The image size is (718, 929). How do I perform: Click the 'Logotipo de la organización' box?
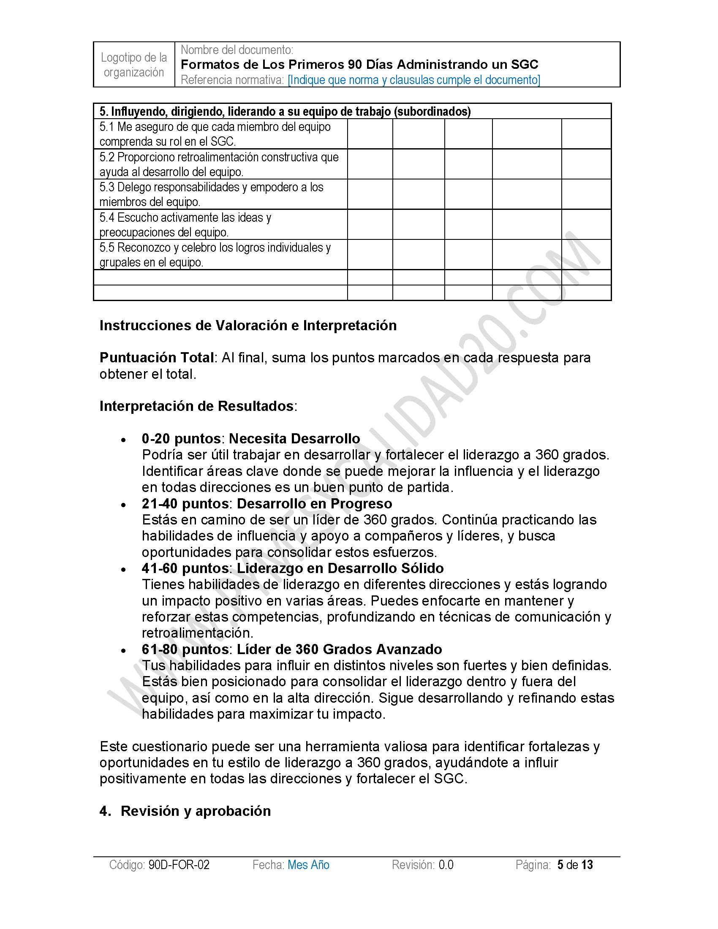coord(134,65)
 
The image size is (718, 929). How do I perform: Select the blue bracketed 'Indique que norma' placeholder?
coord(413,80)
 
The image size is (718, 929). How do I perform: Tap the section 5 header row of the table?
coord(285,111)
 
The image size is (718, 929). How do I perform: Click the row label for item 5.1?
coord(215,134)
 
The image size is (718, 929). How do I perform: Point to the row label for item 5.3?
coord(212,194)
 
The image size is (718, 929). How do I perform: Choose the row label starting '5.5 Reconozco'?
coord(215,255)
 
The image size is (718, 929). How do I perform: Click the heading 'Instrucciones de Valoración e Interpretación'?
coord(248,326)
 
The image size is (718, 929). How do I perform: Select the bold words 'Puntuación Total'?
coord(157,358)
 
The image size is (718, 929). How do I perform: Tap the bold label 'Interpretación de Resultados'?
coord(196,406)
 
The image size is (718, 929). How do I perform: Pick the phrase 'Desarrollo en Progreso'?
coord(314,504)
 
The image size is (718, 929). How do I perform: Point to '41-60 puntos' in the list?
coord(186,568)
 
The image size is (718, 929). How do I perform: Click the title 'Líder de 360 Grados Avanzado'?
coord(340,649)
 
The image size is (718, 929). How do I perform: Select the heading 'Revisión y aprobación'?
coord(196,811)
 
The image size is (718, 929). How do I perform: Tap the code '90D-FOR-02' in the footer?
coord(179,865)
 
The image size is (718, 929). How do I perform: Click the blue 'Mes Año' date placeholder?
coord(308,865)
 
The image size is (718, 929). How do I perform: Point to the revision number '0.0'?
coord(446,865)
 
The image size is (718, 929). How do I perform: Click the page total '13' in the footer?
coord(587,865)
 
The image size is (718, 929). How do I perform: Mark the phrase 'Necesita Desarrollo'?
coord(294,439)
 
